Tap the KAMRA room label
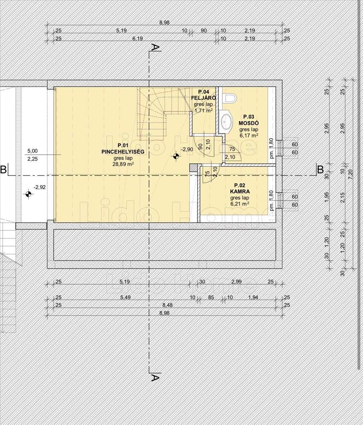240,192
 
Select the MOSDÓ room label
248,123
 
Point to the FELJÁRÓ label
203,98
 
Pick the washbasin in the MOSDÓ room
227,121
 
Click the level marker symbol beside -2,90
176,156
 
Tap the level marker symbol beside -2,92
28,194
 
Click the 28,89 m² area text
123,164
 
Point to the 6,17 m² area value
248,135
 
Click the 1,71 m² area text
203,110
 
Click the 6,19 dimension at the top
137,39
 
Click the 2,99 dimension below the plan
236,282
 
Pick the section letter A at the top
155,48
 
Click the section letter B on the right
320,170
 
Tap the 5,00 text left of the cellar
33,151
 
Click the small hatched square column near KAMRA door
193,168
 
